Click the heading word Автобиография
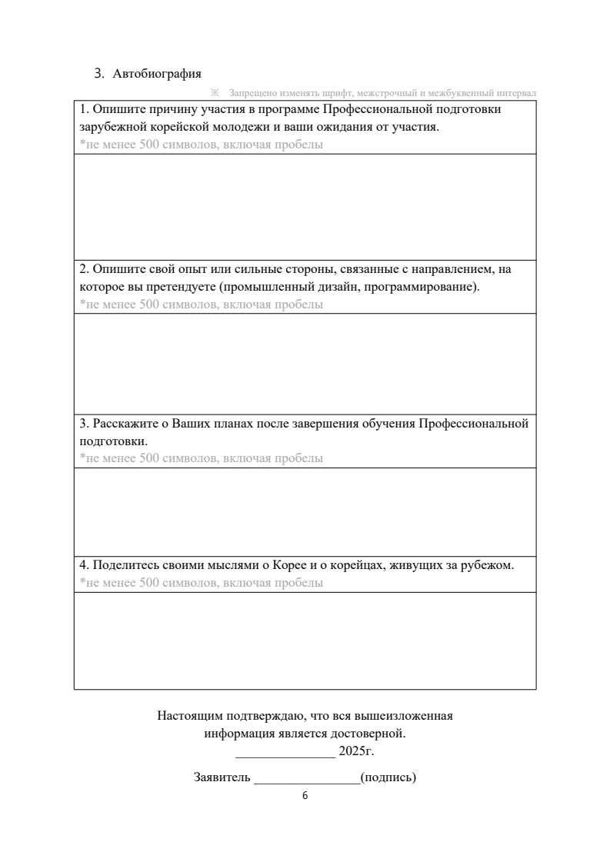point(157,74)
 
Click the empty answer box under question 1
point(305,207)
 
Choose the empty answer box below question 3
point(305,511)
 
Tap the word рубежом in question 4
point(488,565)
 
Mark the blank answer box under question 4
point(305,641)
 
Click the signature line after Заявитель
point(306,777)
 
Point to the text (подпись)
point(388,777)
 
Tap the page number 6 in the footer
point(305,796)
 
